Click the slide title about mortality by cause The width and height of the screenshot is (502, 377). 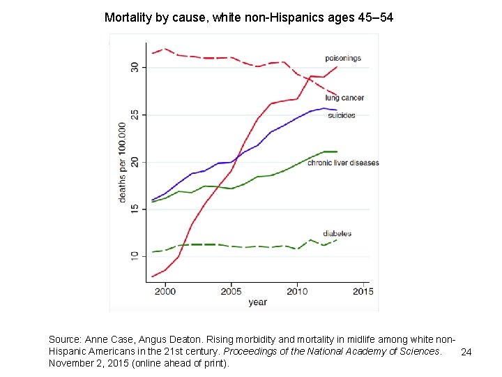pos(249,17)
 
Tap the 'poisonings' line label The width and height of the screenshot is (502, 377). pos(343,58)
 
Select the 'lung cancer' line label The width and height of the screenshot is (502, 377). pos(344,98)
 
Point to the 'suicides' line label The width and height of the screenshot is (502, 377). pos(342,115)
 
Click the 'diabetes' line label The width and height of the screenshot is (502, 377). pos(337,233)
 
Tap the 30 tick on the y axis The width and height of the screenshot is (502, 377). pos(135,67)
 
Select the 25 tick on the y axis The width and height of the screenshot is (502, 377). pos(135,114)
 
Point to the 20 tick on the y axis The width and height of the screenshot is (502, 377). pos(135,162)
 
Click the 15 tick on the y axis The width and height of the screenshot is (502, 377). pos(135,209)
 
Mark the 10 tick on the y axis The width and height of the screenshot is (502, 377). pos(135,257)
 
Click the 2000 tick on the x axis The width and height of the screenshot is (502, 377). pos(165,290)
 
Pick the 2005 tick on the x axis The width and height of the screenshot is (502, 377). pos(231,290)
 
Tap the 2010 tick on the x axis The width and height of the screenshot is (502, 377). pos(297,290)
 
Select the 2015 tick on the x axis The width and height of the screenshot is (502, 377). pos(363,290)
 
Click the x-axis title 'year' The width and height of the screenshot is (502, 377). pos(257,302)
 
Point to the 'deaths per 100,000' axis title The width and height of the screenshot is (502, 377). pos(122,163)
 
